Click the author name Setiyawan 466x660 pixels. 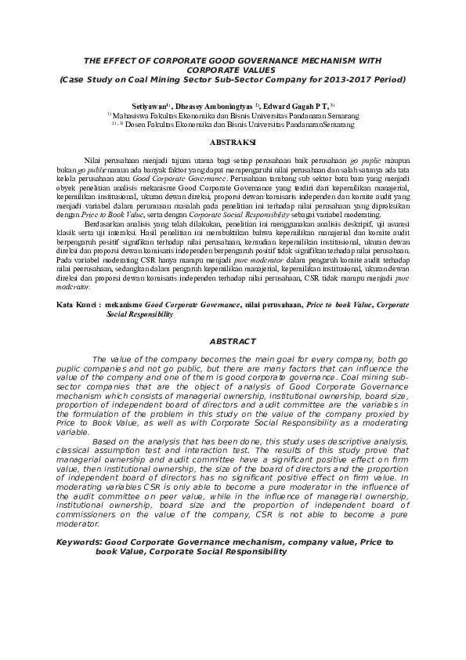click(x=148, y=104)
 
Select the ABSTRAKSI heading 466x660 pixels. click(x=233, y=142)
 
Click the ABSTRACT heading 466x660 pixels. click(x=233, y=342)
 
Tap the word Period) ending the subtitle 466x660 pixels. click(x=388, y=79)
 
